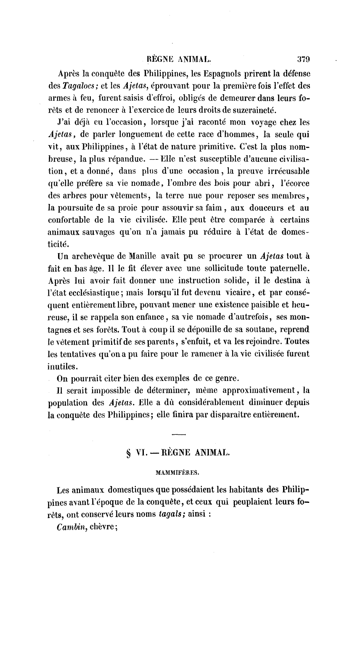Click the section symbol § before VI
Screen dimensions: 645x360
(x=128, y=453)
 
